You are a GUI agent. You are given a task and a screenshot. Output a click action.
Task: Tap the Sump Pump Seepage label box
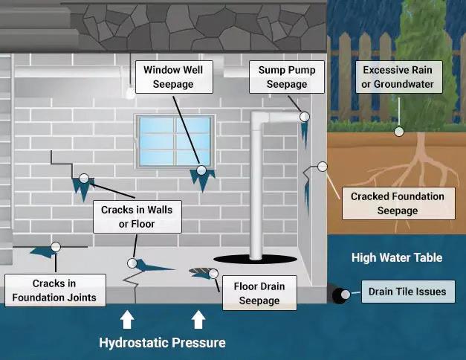(287, 77)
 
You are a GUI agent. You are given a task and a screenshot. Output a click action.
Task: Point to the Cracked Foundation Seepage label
(397, 203)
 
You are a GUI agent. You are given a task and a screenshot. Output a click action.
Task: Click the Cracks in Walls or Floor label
(136, 216)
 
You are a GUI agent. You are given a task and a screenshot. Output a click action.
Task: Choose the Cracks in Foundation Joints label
(54, 291)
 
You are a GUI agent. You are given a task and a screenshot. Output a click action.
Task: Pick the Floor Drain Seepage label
(259, 293)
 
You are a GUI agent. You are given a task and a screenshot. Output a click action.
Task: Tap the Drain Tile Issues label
(407, 292)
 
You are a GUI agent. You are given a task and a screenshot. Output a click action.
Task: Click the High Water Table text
(397, 258)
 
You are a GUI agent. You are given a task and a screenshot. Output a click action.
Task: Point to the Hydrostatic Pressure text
(162, 343)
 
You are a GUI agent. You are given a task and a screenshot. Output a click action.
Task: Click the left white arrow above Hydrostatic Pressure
(127, 320)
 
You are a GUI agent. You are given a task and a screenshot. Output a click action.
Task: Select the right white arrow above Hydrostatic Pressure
(198, 320)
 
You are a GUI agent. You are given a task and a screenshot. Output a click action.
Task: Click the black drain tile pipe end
(341, 295)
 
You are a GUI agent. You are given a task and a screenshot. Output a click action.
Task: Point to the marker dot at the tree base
(399, 131)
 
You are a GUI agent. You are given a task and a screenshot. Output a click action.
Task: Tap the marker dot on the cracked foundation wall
(322, 166)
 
